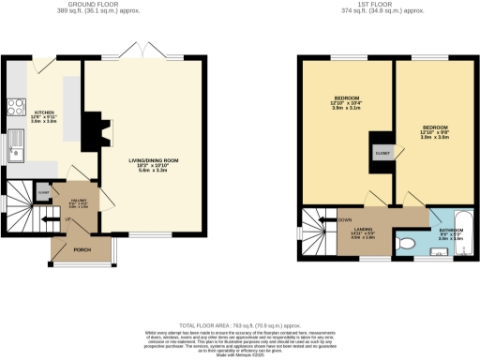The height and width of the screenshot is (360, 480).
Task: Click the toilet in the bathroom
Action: tap(406, 241)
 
